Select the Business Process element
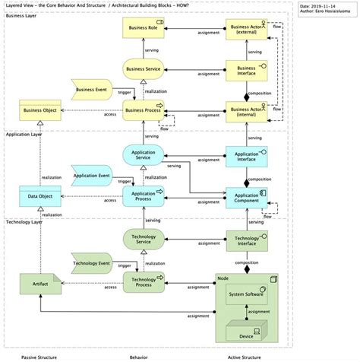(x=144, y=110)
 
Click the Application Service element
(x=144, y=154)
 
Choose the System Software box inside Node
(x=247, y=294)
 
